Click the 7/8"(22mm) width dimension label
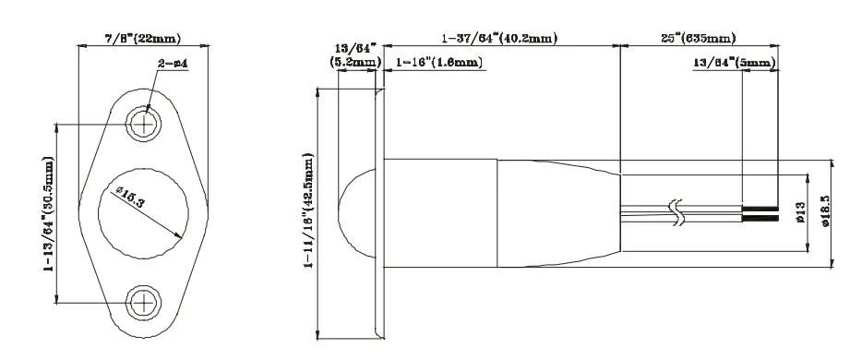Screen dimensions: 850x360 (x=142, y=38)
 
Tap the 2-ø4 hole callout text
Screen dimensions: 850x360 (x=173, y=64)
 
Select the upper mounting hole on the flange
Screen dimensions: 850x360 (x=144, y=125)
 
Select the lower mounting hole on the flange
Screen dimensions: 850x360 (x=144, y=302)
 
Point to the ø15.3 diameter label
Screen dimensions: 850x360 (x=130, y=197)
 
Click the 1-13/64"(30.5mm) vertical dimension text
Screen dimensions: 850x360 (x=49, y=214)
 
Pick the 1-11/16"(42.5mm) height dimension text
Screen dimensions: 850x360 (x=309, y=210)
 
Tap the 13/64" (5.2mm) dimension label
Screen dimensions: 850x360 (x=355, y=56)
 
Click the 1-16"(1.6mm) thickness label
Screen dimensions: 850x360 (x=438, y=63)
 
